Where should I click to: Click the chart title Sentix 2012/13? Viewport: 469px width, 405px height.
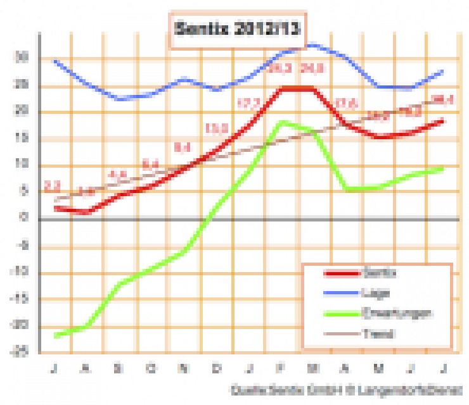pyautogui.click(x=238, y=28)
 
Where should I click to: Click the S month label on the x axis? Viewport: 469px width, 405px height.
pyautogui.click(x=118, y=368)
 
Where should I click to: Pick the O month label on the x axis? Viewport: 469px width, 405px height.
pyautogui.click(x=151, y=368)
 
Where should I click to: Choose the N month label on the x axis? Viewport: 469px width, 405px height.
pyautogui.click(x=183, y=368)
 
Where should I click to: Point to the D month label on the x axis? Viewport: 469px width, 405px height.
pyautogui.click(x=216, y=368)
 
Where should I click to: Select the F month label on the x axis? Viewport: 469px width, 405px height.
pyautogui.click(x=281, y=368)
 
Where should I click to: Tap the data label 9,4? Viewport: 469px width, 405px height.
pyautogui.click(x=183, y=148)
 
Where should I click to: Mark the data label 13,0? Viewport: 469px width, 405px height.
pyautogui.click(x=216, y=128)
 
